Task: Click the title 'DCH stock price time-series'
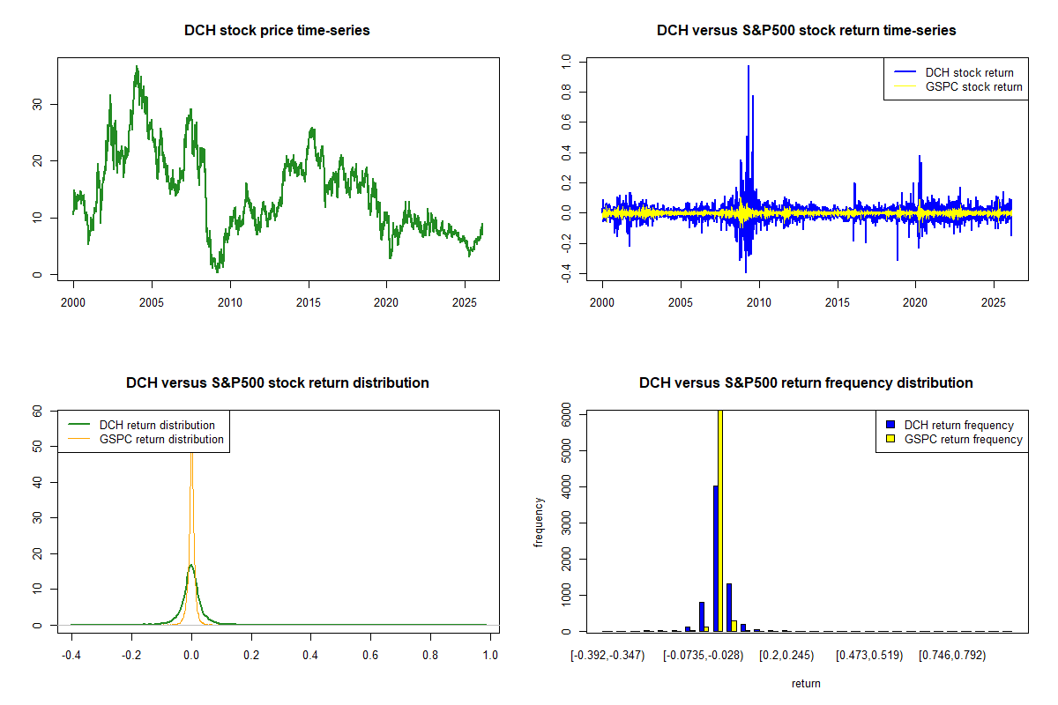pyautogui.click(x=277, y=31)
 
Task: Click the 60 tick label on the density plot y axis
pyautogui.click(x=37, y=411)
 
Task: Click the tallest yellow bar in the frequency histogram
pyautogui.click(x=721, y=520)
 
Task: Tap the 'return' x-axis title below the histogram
pyautogui.click(x=806, y=683)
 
